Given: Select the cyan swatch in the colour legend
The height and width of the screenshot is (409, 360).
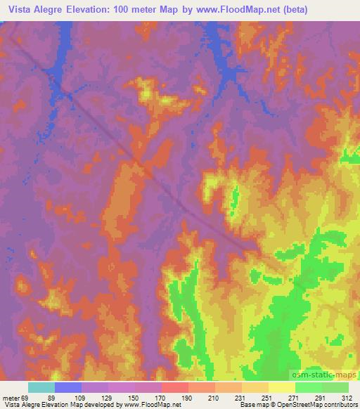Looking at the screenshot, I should point(41,387).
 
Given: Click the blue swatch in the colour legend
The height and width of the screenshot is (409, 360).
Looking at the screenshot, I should point(68,387).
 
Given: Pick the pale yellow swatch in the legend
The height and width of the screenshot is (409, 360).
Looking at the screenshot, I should point(282,387).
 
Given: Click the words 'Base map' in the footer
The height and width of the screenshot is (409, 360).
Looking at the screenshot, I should point(248,405).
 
